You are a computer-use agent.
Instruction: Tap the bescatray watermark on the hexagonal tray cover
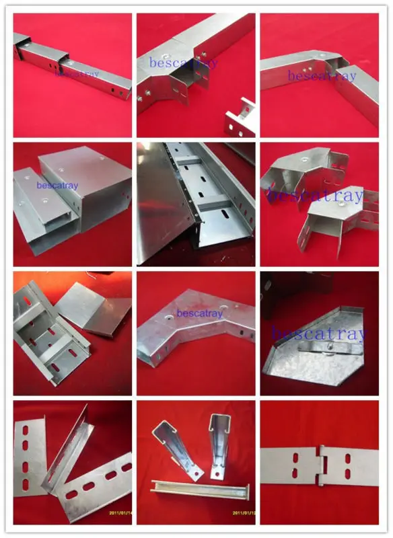pos(316,333)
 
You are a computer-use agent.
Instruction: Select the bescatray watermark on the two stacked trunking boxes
pos(58,185)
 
